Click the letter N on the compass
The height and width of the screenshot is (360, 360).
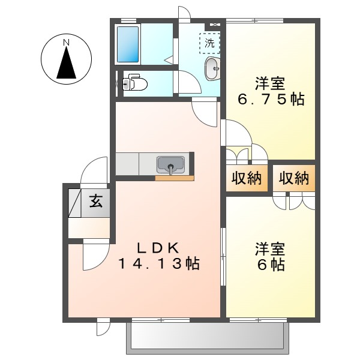pos(67,42)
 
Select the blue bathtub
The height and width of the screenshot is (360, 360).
pos(129,43)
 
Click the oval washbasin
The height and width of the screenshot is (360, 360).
pos(212,69)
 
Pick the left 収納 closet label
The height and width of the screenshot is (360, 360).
pos(247,178)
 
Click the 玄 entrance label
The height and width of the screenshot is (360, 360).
pos(95,201)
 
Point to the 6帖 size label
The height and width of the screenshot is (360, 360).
pos(271,264)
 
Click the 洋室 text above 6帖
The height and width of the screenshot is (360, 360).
pos(271,247)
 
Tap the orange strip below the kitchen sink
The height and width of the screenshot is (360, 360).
pos(175,178)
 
